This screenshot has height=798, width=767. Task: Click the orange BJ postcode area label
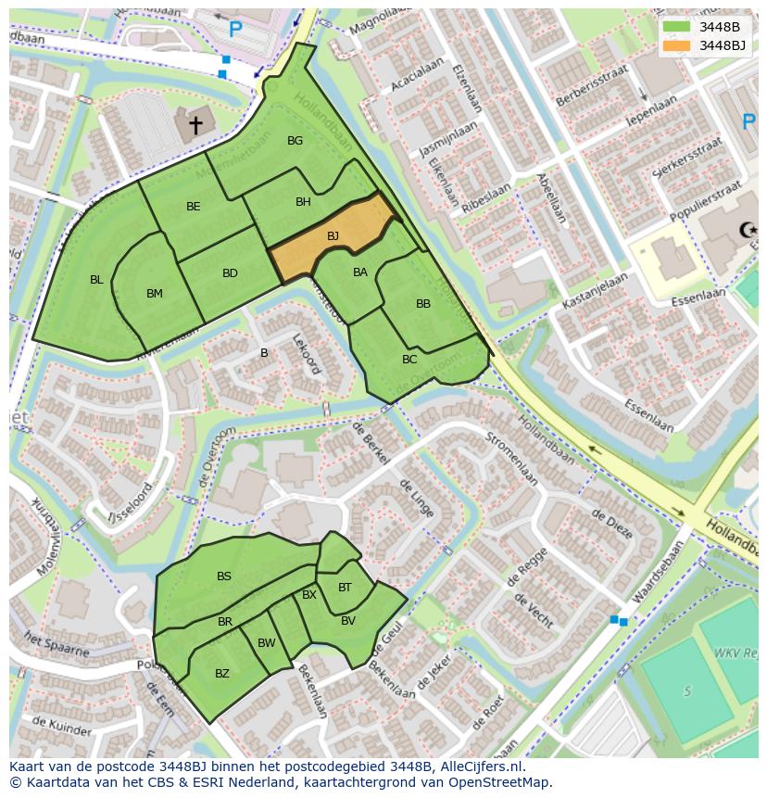(x=333, y=236)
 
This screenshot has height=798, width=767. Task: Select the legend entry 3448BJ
(x=722, y=45)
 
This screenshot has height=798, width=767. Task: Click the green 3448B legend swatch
(x=677, y=27)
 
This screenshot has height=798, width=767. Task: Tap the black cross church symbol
(x=195, y=123)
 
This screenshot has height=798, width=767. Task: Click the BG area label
(x=295, y=141)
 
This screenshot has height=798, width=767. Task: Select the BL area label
(x=96, y=279)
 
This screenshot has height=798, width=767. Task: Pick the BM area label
(x=154, y=294)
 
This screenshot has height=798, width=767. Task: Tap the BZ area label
(x=221, y=674)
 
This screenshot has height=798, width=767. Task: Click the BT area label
(x=345, y=588)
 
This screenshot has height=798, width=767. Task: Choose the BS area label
(x=224, y=576)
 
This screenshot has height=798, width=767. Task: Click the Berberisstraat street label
(x=593, y=85)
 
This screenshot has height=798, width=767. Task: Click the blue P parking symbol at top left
(x=235, y=30)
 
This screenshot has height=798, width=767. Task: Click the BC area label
(x=409, y=360)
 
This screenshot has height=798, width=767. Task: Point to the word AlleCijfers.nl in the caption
(x=482, y=766)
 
